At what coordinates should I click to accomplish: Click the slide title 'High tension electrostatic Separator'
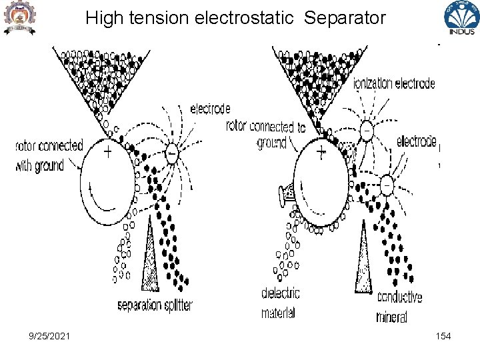(x=235, y=17)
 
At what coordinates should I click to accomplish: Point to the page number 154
(x=443, y=336)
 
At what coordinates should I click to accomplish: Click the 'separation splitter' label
(x=155, y=305)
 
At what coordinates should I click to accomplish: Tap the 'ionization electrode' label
(x=394, y=84)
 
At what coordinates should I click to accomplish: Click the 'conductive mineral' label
(x=399, y=307)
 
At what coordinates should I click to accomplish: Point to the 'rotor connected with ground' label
(x=49, y=156)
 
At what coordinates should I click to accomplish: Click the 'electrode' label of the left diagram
(x=210, y=109)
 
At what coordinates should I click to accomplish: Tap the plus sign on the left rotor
(x=107, y=152)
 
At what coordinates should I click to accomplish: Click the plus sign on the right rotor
(x=321, y=153)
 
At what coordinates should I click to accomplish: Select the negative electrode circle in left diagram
(x=171, y=153)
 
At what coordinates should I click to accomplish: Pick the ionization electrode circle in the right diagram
(x=366, y=132)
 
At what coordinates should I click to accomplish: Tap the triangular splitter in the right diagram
(x=363, y=257)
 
